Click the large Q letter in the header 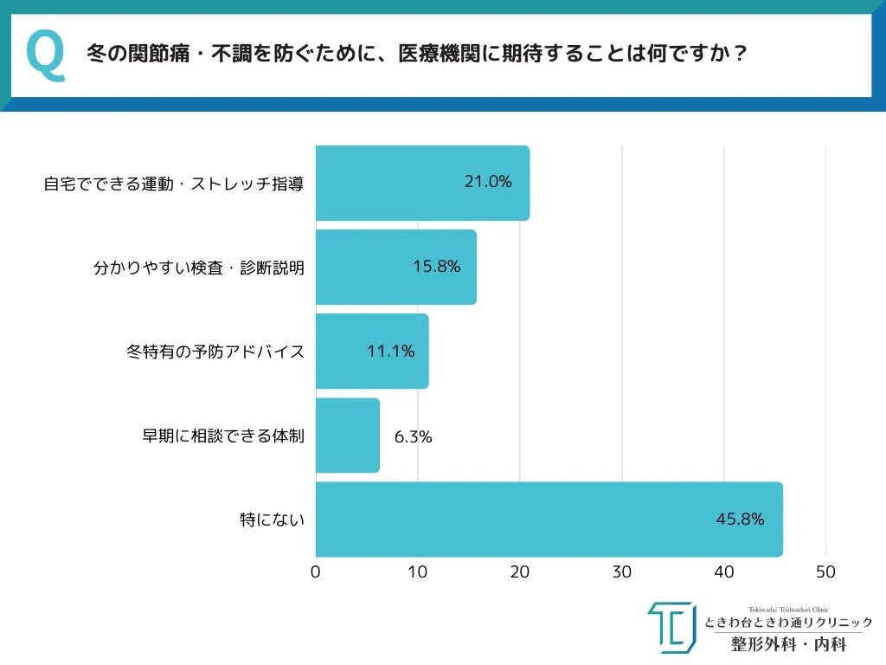tap(46, 55)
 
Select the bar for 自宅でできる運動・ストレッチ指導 tap(422, 183)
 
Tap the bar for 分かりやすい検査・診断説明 tap(395, 267)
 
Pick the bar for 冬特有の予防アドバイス tap(372, 351)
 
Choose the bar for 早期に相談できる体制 tap(347, 435)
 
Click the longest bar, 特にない tap(549, 520)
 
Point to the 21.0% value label tap(488, 182)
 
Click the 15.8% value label tap(436, 266)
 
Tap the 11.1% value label tap(390, 351)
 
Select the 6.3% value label tap(413, 436)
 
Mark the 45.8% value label tap(740, 520)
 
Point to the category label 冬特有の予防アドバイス tap(215, 352)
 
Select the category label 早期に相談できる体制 tap(223, 436)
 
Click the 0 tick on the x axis tap(316, 572)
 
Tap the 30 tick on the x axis tap(622, 572)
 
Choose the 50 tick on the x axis tap(826, 572)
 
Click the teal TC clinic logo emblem tap(671, 627)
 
